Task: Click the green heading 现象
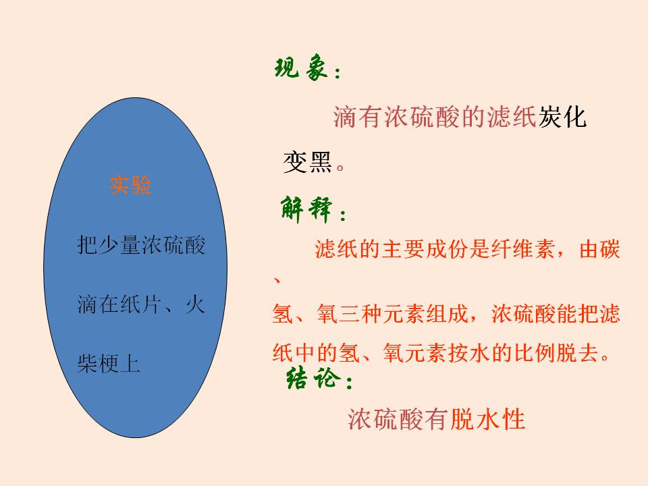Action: point(301,67)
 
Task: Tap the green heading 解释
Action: point(306,209)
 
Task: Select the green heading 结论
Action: point(313,377)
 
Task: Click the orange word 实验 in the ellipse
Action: point(130,184)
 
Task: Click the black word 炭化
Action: point(562,117)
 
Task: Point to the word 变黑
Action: point(308,162)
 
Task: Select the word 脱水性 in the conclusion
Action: point(488,419)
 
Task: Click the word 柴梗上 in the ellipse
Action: point(108,364)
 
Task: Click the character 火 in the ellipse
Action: point(194,304)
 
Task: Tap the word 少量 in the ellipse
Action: point(119,245)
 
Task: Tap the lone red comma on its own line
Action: point(277,281)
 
